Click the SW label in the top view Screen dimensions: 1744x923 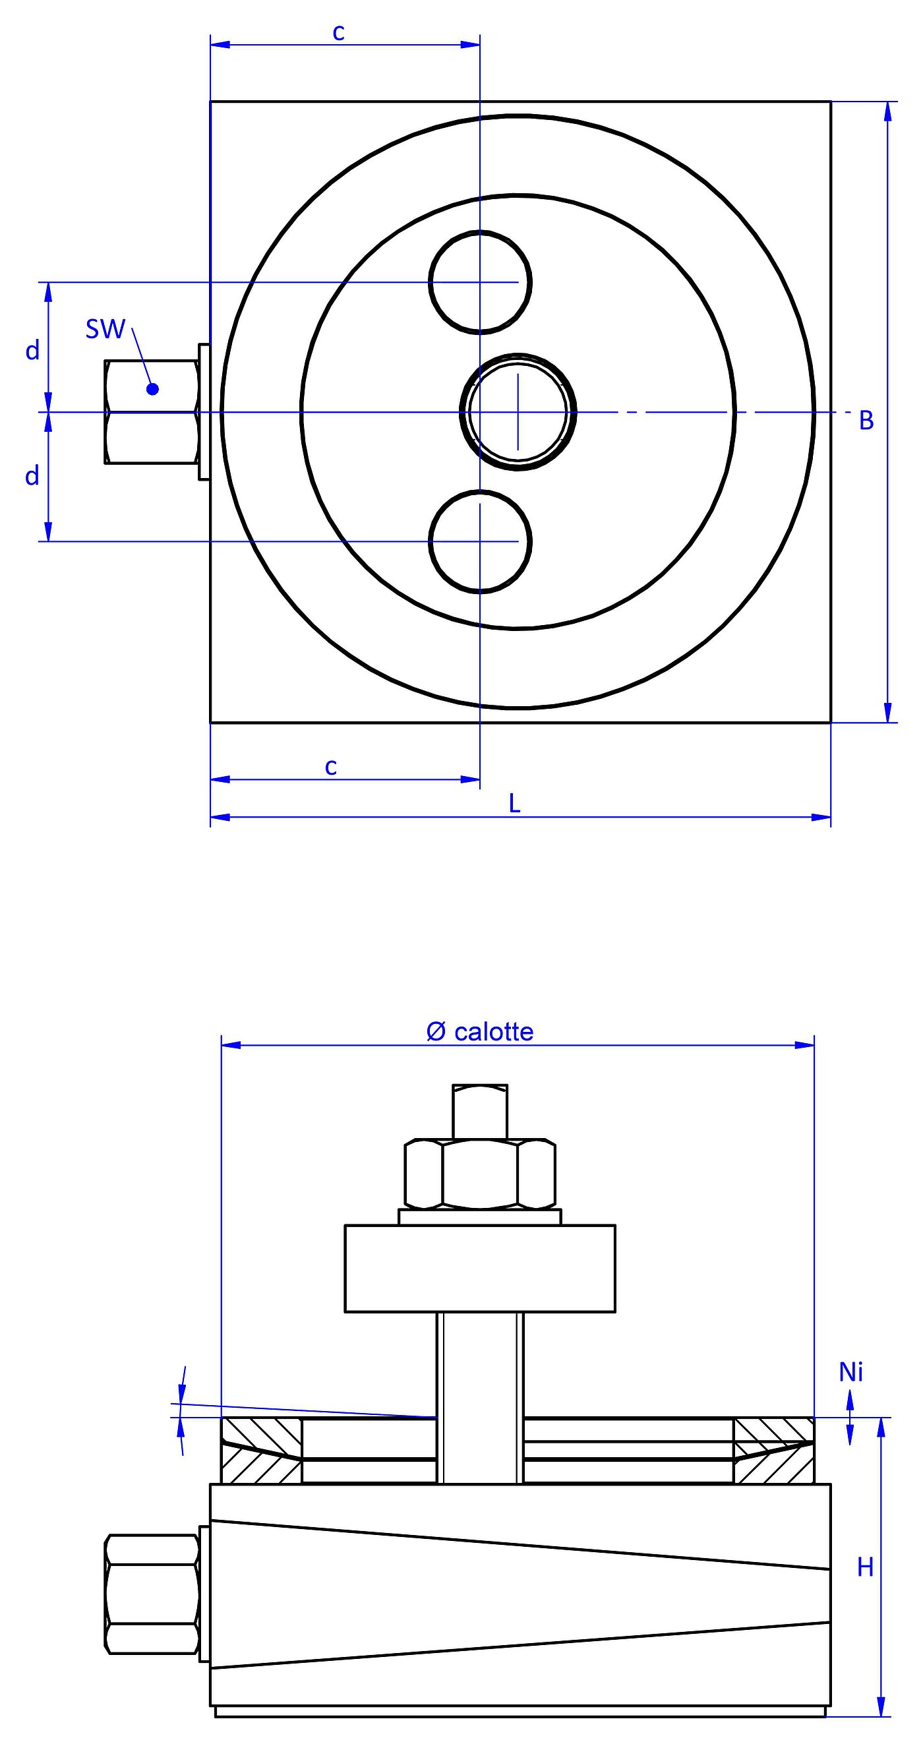pyautogui.click(x=105, y=329)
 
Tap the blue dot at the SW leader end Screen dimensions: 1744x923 pyautogui.click(x=152, y=388)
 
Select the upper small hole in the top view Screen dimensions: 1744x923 pyautogui.click(x=480, y=282)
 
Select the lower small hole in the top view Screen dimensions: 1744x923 pyautogui.click(x=480, y=541)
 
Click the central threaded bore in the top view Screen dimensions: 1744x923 pyautogui.click(x=518, y=411)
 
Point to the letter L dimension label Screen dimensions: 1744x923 pyautogui.click(x=515, y=804)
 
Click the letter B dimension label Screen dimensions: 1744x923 pyautogui.click(x=866, y=421)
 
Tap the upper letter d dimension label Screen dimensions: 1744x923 pyautogui.click(x=32, y=351)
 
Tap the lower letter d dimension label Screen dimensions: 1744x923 pyautogui.click(x=32, y=476)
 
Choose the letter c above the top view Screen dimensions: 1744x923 pyautogui.click(x=339, y=32)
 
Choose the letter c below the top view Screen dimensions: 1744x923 pyautogui.click(x=330, y=766)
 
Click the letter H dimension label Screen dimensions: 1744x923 pyautogui.click(x=865, y=1567)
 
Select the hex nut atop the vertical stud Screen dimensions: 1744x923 pyautogui.click(x=480, y=1173)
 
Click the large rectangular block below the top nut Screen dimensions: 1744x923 pyautogui.click(x=480, y=1269)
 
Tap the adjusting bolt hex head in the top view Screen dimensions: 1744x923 pyautogui.click(x=152, y=411)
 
